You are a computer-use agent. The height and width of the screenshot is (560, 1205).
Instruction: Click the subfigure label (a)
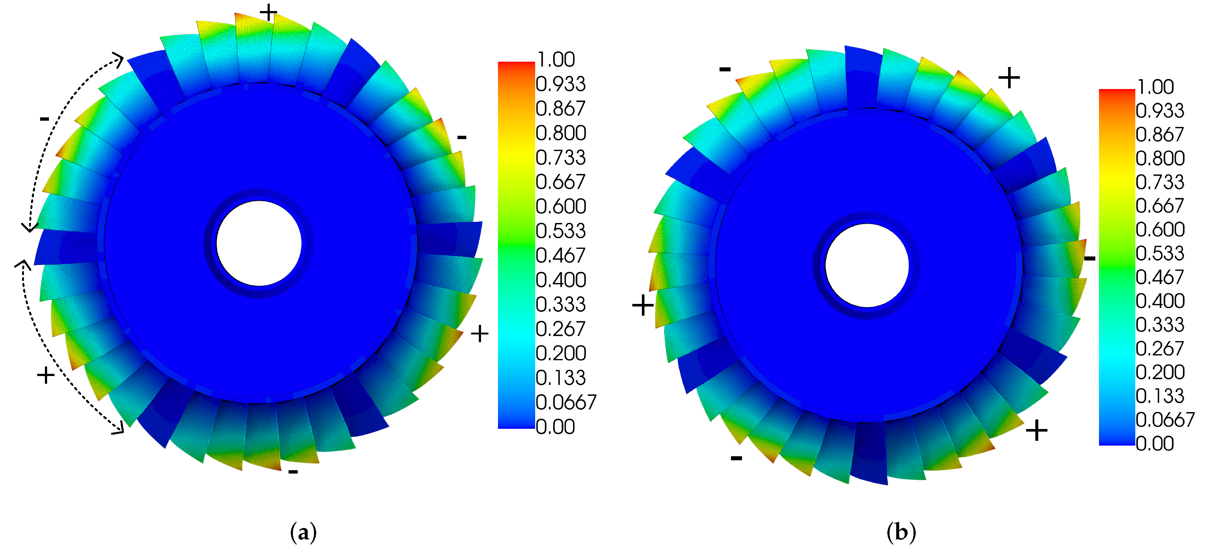[x=303, y=532]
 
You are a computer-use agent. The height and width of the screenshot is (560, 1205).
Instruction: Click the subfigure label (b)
[x=901, y=532]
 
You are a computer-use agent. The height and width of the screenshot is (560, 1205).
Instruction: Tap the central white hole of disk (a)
[x=259, y=243]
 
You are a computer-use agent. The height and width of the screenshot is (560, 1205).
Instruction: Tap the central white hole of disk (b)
[x=867, y=266]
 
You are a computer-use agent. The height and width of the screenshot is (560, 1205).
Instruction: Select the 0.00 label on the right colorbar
[x=1155, y=443]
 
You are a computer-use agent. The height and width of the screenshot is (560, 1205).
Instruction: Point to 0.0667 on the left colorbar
[x=566, y=402]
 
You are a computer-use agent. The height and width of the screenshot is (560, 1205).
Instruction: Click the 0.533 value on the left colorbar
[x=561, y=231]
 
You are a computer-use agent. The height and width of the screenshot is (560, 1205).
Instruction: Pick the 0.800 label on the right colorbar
[x=1160, y=158]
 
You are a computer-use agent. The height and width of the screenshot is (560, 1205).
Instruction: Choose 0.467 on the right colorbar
[x=1160, y=277]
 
